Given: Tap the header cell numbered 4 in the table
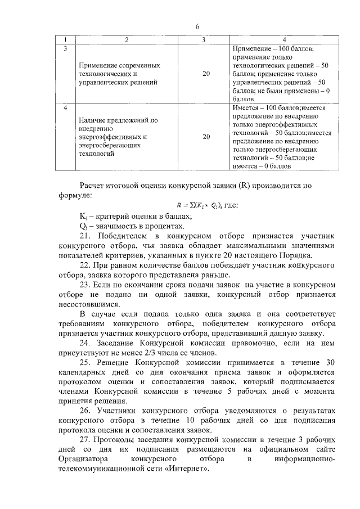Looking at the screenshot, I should click(x=284, y=40).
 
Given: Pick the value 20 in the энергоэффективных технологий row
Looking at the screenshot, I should click(x=206, y=136).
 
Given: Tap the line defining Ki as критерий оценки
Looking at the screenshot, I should click(x=129, y=216).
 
